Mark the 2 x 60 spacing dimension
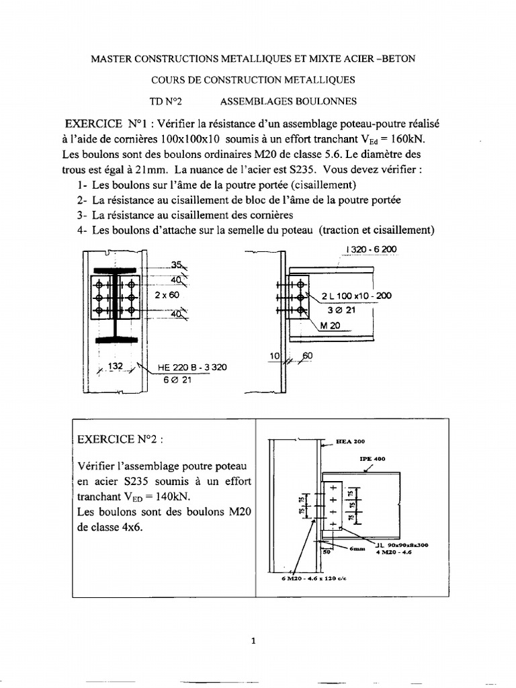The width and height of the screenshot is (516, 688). pyautogui.click(x=165, y=295)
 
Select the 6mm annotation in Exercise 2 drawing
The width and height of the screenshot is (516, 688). pyautogui.click(x=357, y=549)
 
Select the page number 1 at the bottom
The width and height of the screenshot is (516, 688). pyautogui.click(x=254, y=640)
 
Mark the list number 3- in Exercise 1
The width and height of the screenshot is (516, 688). pyautogui.click(x=83, y=215)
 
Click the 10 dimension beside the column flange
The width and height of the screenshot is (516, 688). pyautogui.click(x=273, y=354)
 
